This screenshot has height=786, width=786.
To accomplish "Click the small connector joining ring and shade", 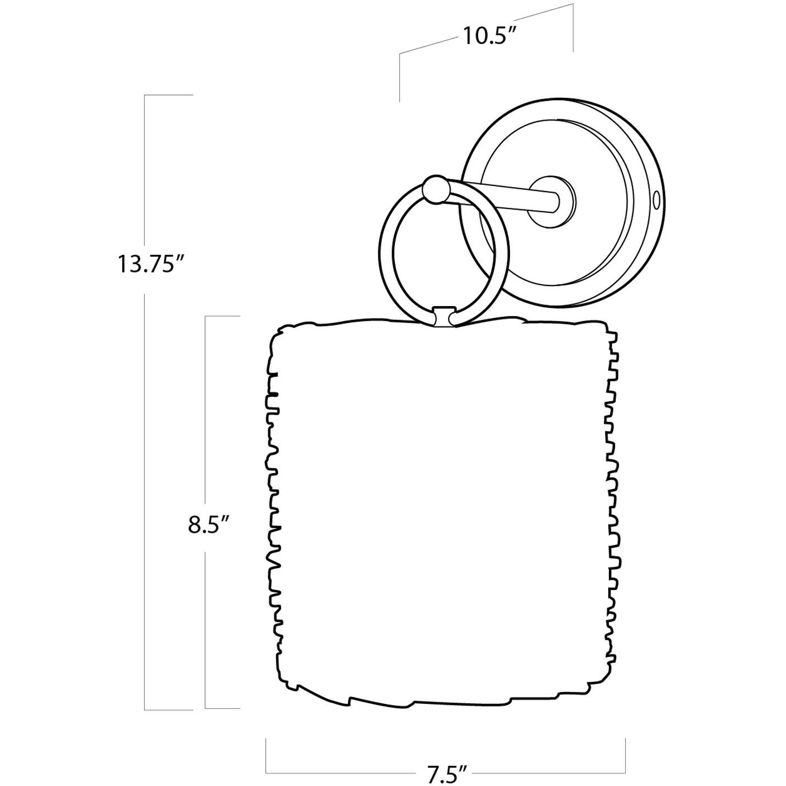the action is click(x=444, y=317).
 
